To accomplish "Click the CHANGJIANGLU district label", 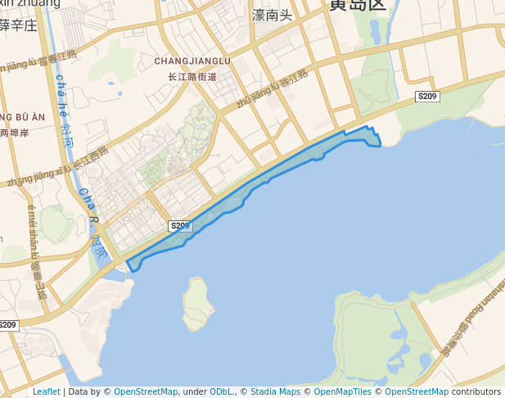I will tap(192, 61).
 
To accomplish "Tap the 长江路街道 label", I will tap(192, 76).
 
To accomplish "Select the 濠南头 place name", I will tap(271, 15).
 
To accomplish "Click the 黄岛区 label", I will tap(356, 5).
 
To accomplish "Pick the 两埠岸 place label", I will tap(15, 132).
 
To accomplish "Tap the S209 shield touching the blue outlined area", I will tap(179, 225).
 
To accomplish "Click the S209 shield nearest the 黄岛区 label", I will tap(427, 97).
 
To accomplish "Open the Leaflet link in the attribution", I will tap(46, 391).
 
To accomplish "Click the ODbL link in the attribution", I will tap(221, 391).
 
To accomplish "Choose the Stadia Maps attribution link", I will tap(273, 391).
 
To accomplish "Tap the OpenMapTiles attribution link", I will tap(345, 391).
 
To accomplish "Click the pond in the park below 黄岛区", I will tap(376, 32).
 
